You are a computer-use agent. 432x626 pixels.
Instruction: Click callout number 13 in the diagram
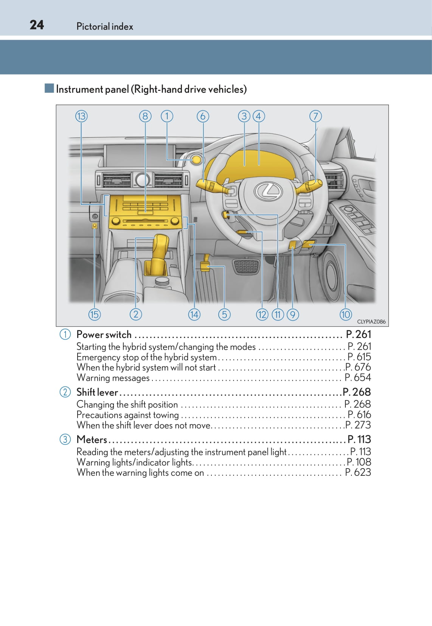tap(81, 116)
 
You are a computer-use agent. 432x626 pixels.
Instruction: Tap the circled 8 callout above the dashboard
tap(145, 116)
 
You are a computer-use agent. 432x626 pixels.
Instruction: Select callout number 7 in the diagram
tap(315, 116)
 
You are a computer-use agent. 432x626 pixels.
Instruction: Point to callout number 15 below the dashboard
tap(94, 314)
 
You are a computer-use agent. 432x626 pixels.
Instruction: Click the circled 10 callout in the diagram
tap(345, 314)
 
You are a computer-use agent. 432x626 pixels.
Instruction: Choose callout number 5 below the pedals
tap(224, 314)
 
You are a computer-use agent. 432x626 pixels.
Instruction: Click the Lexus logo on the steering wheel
tap(268, 190)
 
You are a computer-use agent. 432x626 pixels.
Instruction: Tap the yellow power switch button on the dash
tap(197, 160)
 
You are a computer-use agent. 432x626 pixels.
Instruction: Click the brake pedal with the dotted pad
tap(247, 266)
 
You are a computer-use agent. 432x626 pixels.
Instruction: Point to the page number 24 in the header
tap(37, 25)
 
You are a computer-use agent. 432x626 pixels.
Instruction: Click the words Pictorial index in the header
tap(105, 26)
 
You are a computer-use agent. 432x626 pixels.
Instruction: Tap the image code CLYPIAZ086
tap(371, 322)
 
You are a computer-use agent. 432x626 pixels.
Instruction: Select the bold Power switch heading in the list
tap(104, 335)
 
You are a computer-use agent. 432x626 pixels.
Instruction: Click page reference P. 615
tap(359, 357)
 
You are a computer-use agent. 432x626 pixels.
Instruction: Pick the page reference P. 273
tap(358, 425)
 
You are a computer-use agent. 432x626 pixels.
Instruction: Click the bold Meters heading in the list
tap(92, 439)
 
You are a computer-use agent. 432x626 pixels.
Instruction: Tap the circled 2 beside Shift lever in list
tap(65, 392)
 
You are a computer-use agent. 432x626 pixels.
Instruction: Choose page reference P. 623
tap(358, 472)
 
